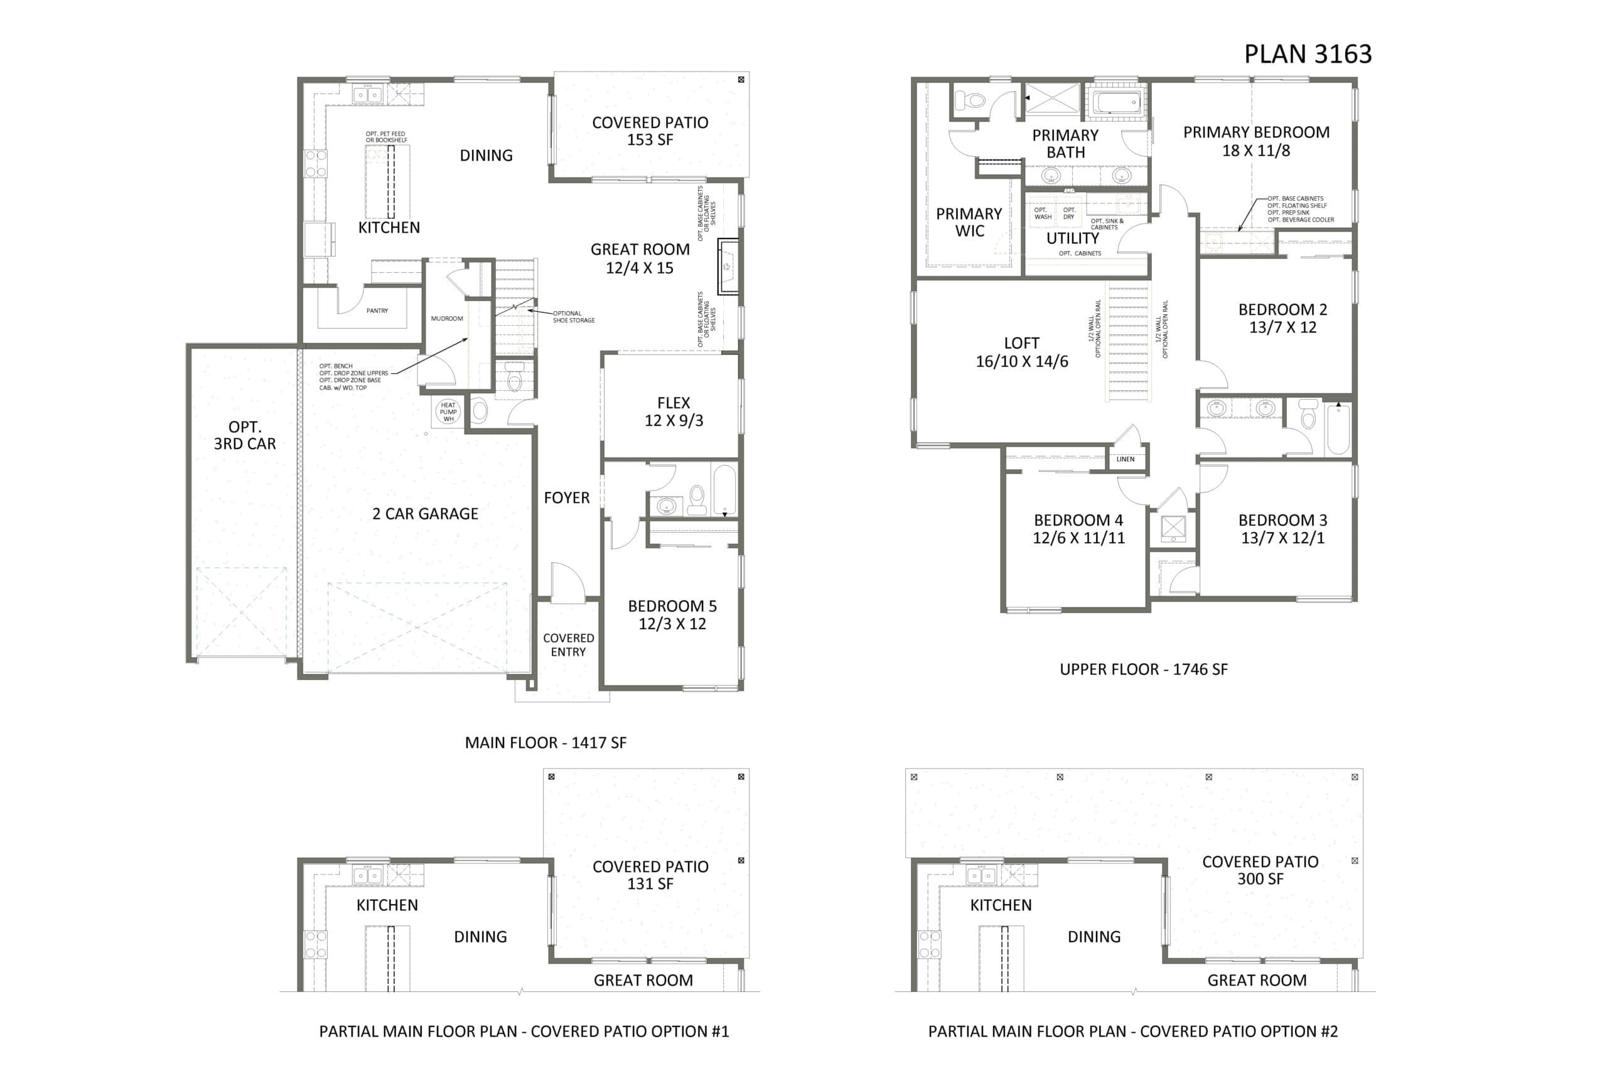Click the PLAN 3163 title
[x=1307, y=54]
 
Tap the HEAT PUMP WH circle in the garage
[x=448, y=412]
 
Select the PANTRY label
[x=377, y=311]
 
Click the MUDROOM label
[x=447, y=319]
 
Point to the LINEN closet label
[x=1126, y=460]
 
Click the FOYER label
[x=566, y=498]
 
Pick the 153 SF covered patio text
[x=650, y=140]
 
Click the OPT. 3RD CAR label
[x=245, y=435]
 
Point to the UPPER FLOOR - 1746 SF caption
[x=1143, y=669]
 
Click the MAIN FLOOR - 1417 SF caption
[x=546, y=742]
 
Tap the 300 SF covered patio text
[x=1260, y=879]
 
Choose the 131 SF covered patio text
[x=650, y=884]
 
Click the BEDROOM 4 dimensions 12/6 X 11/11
[x=1078, y=538]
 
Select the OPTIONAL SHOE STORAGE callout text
[x=574, y=317]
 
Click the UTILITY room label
[x=1073, y=238]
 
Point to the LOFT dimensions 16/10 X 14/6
[x=1021, y=362]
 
